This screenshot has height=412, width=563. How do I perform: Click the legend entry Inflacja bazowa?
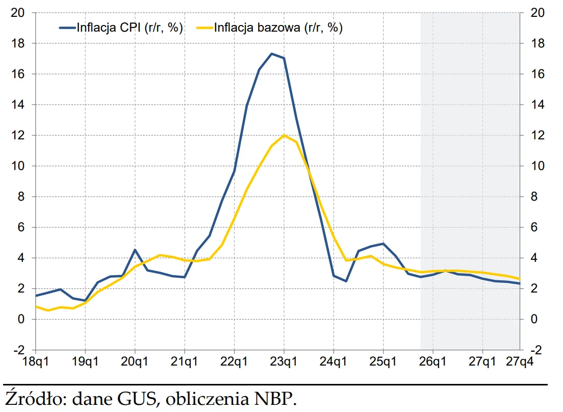coord(278,28)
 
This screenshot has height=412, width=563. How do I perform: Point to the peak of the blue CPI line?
coord(271,54)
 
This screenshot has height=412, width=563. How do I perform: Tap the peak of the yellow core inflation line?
coord(284,135)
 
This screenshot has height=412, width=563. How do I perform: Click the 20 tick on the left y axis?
coord(18,13)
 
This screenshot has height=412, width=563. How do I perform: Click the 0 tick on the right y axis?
coord(535,319)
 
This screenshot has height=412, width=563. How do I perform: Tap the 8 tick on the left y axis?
coord(20,197)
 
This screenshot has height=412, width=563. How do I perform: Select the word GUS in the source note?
coord(139,398)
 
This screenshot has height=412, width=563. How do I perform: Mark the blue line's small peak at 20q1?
coord(135,250)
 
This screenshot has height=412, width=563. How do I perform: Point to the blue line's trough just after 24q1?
coord(346,281)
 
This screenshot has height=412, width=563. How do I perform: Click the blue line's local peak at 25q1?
coord(383,244)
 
